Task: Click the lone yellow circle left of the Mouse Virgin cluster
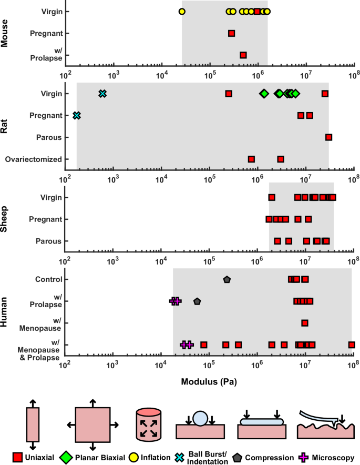point(182,11)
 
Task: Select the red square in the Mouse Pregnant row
point(231,33)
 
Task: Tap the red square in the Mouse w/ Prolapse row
point(243,55)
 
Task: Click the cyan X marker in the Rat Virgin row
point(102,94)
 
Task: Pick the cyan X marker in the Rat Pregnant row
point(77,115)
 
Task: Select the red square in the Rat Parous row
point(328,137)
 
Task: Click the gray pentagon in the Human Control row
point(227,279)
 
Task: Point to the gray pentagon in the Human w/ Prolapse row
point(197,301)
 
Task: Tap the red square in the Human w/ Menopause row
point(305,323)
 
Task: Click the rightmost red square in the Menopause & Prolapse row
point(352,345)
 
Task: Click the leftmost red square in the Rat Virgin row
point(229,94)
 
